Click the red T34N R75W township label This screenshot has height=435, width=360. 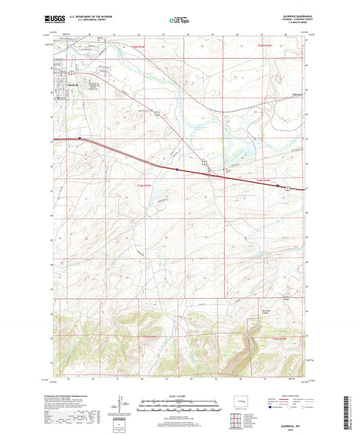[x=140, y=46]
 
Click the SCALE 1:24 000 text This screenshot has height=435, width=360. [x=179, y=396]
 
